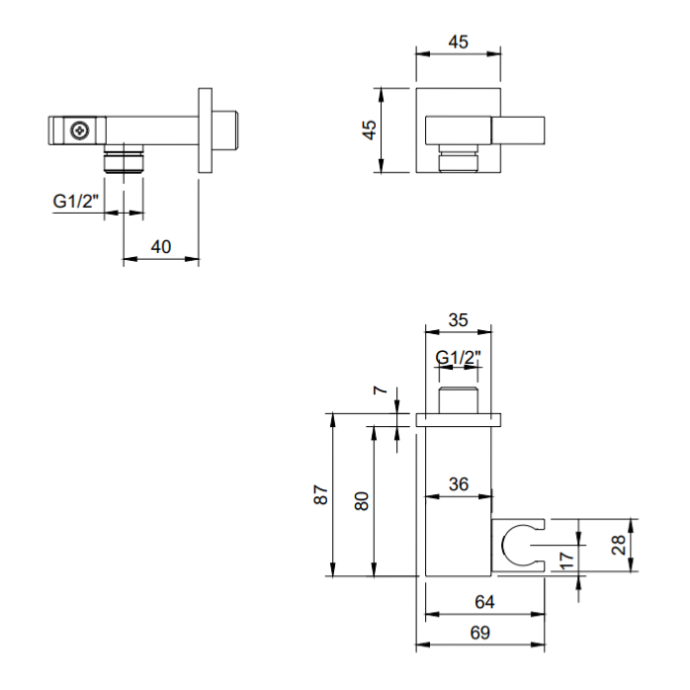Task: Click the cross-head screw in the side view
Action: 80,130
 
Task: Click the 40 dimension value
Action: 161,247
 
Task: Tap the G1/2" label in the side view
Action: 76,201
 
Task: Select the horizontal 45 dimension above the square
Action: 458,42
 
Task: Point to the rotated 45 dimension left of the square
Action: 370,129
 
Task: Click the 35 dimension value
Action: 458,320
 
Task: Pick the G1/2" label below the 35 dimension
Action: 458,357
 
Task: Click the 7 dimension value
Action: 381,389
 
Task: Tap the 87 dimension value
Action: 321,494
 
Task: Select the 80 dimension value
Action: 361,501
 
